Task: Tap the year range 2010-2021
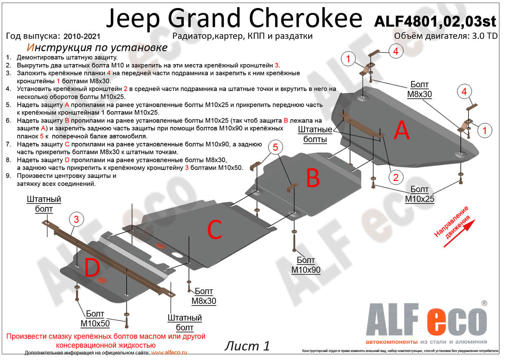tap(82, 37)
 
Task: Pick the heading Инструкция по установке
tap(97, 48)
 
